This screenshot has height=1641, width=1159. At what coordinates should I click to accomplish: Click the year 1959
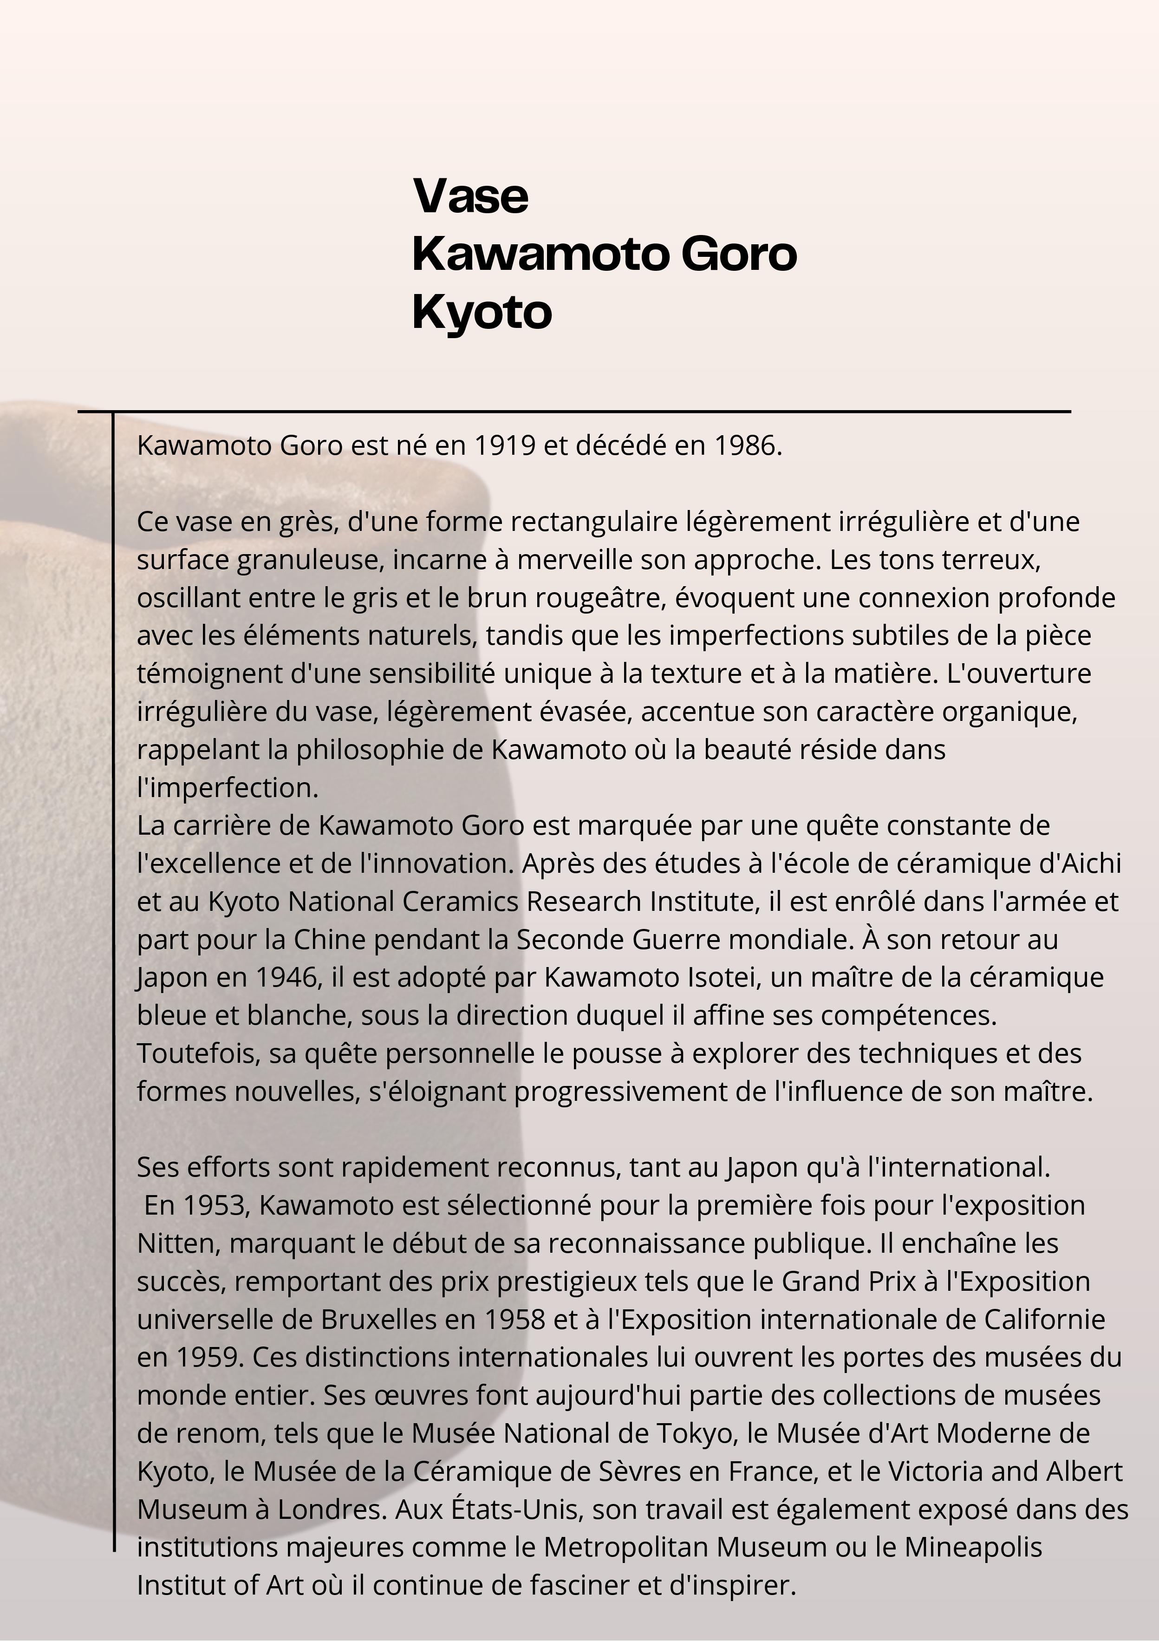coord(207,1357)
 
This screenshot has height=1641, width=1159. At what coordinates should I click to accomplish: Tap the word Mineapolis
coord(973,1547)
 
